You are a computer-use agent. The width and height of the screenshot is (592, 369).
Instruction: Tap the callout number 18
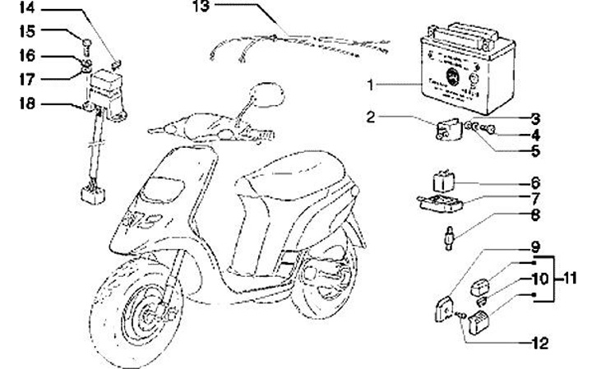28,104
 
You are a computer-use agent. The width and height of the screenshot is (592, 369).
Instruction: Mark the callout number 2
371,117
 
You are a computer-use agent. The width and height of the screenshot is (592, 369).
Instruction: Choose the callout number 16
28,56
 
